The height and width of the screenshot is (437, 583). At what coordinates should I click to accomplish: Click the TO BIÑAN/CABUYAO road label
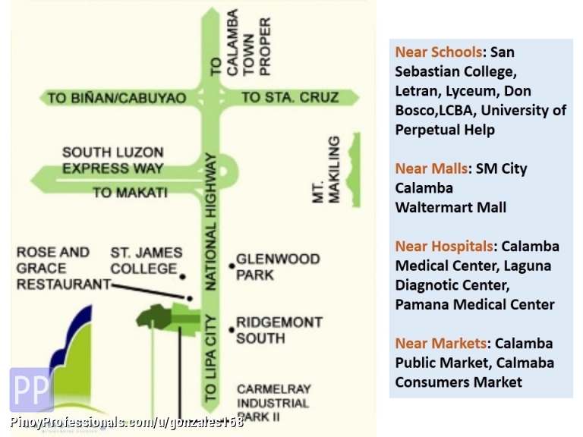pyautogui.click(x=116, y=99)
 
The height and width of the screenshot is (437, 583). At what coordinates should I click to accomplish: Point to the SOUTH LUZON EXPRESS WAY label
pyautogui.click(x=113, y=161)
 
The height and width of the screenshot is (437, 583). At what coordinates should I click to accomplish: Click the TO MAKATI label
pyautogui.click(x=130, y=193)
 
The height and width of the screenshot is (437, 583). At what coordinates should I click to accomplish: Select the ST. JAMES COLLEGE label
pyautogui.click(x=147, y=260)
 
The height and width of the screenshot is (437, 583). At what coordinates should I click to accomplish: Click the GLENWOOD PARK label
pyautogui.click(x=278, y=266)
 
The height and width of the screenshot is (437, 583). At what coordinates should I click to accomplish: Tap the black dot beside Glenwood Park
pyautogui.click(x=232, y=266)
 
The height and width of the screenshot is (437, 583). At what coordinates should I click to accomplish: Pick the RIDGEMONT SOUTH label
pyautogui.click(x=279, y=330)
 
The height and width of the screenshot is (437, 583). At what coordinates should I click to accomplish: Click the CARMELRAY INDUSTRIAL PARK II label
pyautogui.click(x=273, y=403)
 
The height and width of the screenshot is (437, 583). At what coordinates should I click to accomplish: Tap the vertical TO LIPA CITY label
pyautogui.click(x=211, y=357)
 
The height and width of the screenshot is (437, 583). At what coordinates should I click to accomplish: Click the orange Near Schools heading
pyautogui.click(x=438, y=52)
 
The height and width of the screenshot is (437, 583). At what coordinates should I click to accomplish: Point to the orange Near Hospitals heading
pyautogui.click(x=443, y=246)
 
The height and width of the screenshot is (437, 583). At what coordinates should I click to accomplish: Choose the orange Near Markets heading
pyautogui.click(x=440, y=344)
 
